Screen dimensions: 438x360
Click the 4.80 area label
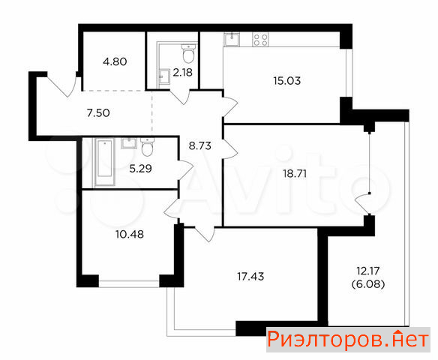click(115, 61)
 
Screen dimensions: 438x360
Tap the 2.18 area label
click(183, 73)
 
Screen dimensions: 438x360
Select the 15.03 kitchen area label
click(287, 81)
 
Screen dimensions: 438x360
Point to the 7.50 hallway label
click(98, 113)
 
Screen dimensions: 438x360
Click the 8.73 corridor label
click(200, 145)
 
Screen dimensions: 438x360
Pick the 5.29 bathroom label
click(140, 169)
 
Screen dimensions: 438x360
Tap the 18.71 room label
click(295, 174)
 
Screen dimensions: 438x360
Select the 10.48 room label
click(130, 234)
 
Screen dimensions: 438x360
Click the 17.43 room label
click(250, 277)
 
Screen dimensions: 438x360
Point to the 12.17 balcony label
click(368, 271)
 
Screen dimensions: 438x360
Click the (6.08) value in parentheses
click(368, 284)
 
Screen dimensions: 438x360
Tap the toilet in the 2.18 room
click(188, 53)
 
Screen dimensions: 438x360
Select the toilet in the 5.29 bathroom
click(147, 147)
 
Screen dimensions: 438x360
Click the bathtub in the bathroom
click(105, 162)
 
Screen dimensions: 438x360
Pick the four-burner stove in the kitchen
click(260, 39)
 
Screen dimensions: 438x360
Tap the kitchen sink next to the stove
click(232, 39)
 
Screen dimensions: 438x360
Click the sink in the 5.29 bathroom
click(129, 143)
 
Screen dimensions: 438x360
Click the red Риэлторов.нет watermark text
click(348, 339)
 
